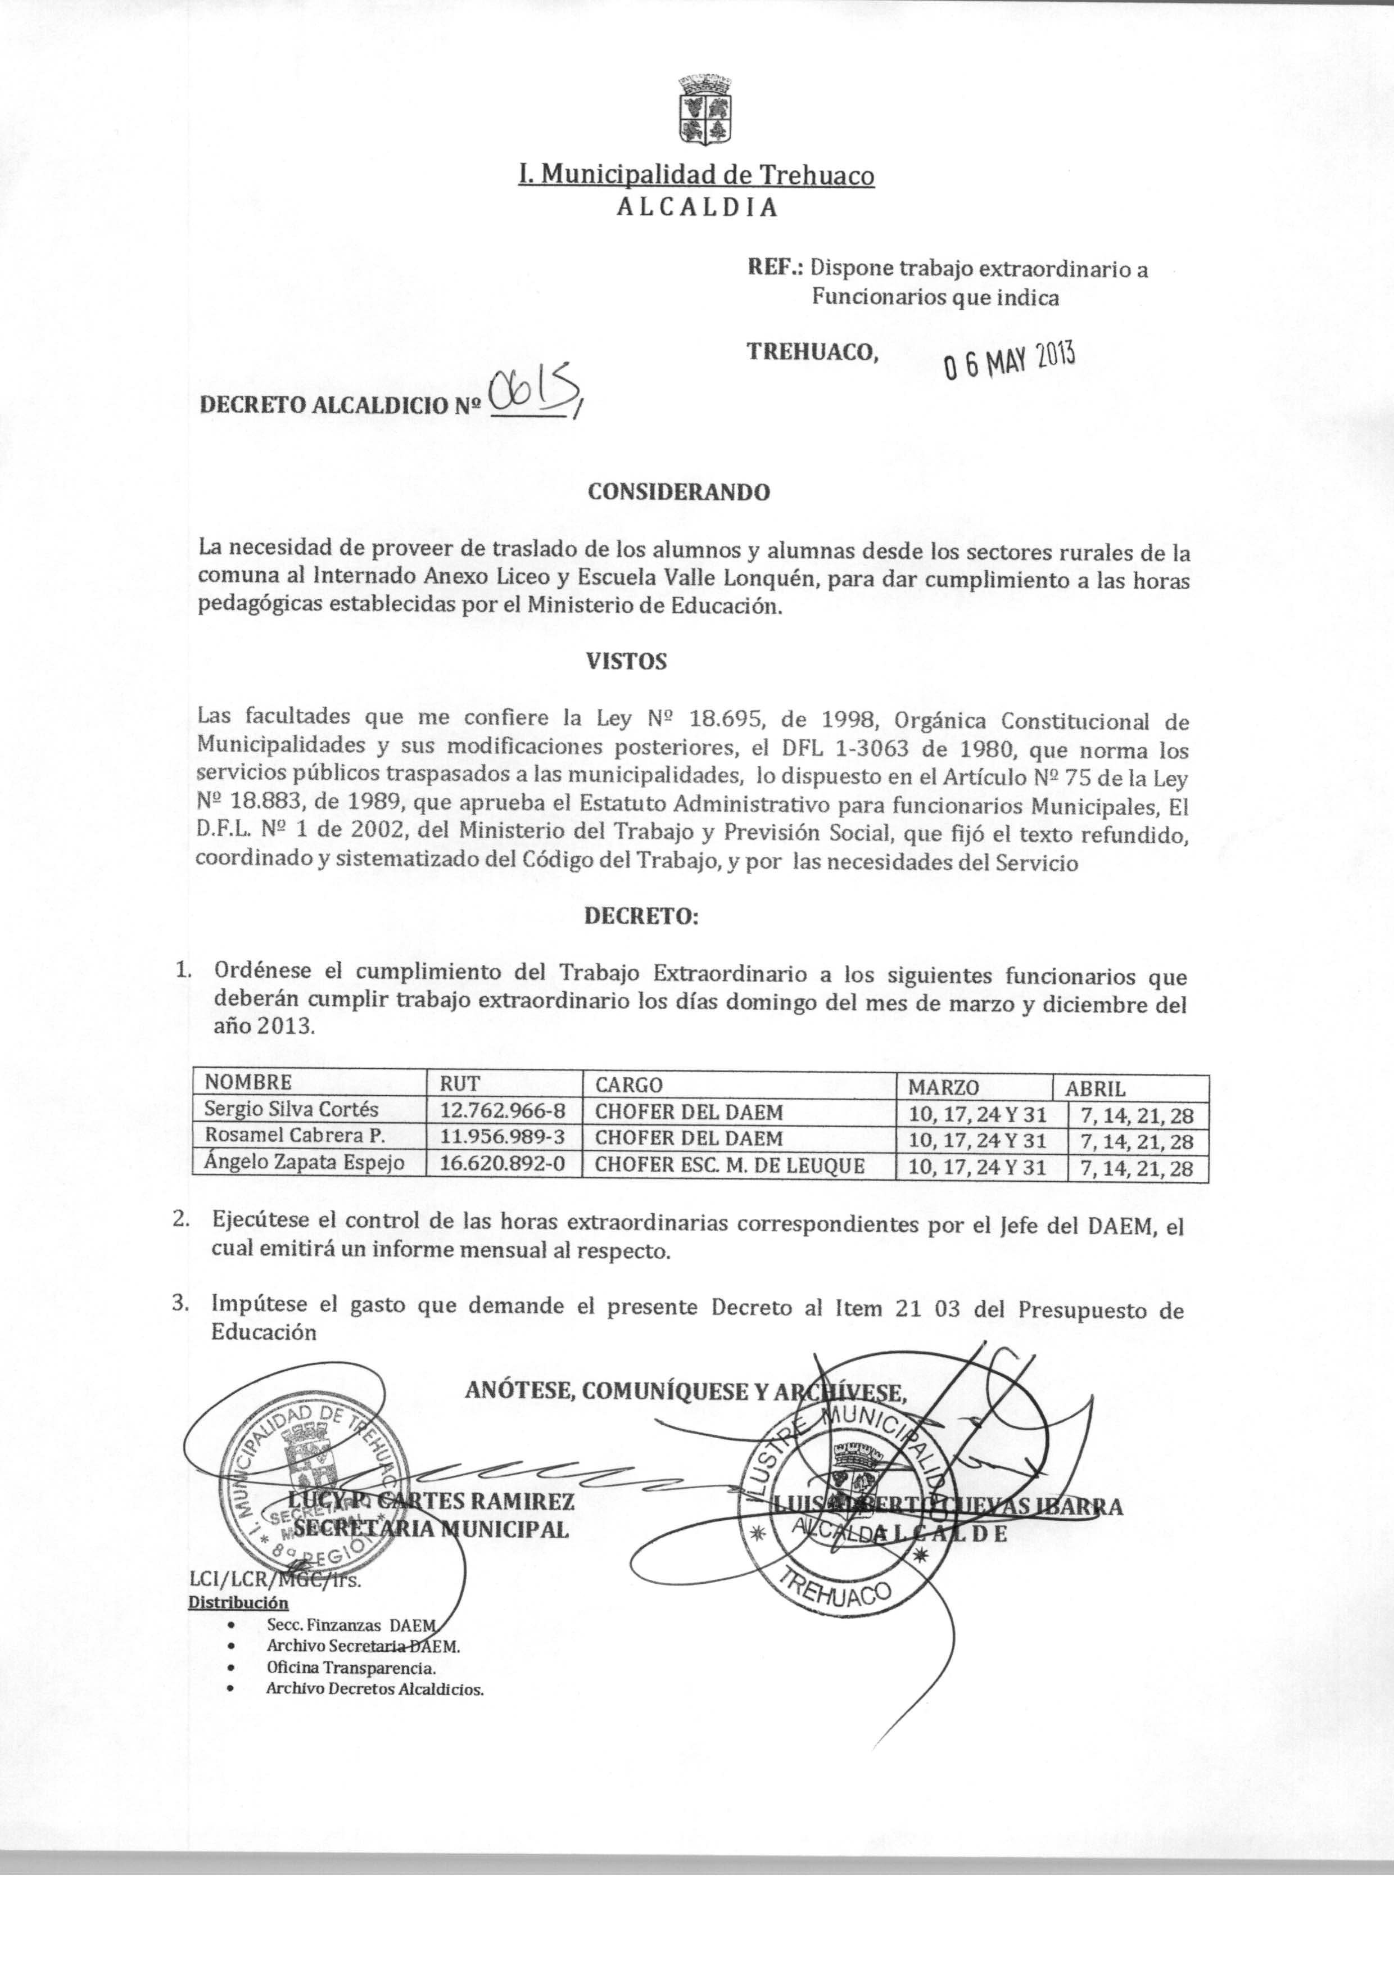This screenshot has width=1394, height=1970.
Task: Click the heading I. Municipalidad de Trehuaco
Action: tap(696, 175)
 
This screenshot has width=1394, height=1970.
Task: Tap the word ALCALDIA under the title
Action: tap(697, 207)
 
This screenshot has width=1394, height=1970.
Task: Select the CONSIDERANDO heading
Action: tap(678, 493)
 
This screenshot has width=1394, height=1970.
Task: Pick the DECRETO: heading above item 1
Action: tap(642, 916)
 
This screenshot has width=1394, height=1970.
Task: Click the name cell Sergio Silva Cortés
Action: tap(291, 1109)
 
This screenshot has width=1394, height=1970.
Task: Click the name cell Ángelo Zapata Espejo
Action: tap(304, 1164)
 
